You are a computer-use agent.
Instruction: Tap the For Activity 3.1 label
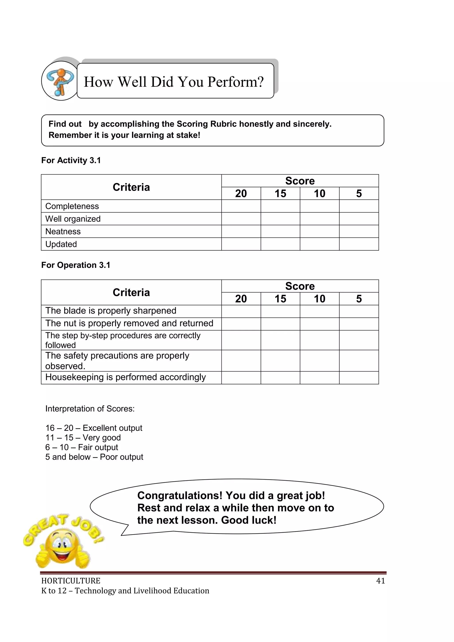[71, 161]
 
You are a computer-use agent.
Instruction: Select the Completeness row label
[72, 206]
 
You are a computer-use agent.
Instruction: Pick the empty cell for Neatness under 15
[280, 232]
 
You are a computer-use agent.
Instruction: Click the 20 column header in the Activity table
[241, 194]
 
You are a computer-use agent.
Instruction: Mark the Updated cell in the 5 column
[359, 244]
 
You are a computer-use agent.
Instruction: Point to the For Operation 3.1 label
[75, 265]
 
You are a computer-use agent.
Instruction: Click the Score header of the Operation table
[300, 286]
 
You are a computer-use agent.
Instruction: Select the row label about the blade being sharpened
[111, 311]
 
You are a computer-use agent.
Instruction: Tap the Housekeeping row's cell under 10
[319, 378]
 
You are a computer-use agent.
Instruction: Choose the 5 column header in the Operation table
[359, 299]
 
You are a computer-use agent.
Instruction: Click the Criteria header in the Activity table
[131, 187]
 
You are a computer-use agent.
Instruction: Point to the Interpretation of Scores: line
[90, 409]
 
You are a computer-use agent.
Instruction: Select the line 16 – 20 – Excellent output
[94, 428]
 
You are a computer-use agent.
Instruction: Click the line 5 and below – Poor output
[94, 457]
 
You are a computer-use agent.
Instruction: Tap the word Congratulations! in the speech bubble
[180, 495]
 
